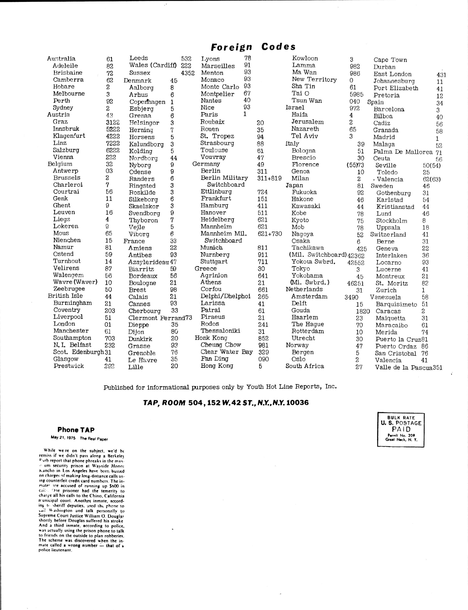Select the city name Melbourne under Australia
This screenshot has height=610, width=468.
click(69, 94)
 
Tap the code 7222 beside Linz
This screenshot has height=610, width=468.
click(113, 143)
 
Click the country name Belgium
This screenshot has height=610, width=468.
click(60, 164)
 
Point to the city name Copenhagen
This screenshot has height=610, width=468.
click(147, 102)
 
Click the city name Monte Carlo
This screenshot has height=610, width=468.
click(220, 87)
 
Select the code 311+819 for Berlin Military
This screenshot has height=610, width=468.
click(269, 178)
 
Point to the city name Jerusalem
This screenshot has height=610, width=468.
click(307, 122)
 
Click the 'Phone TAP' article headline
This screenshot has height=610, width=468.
click(76, 430)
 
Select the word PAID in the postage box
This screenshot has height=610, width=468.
click(401, 429)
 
